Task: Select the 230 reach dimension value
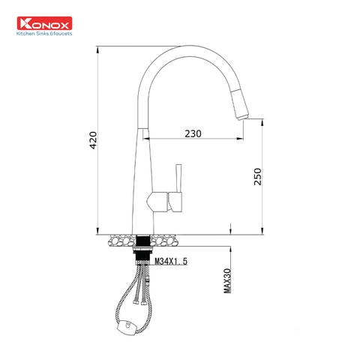pos(193,133)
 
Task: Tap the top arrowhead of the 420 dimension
pos(100,52)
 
